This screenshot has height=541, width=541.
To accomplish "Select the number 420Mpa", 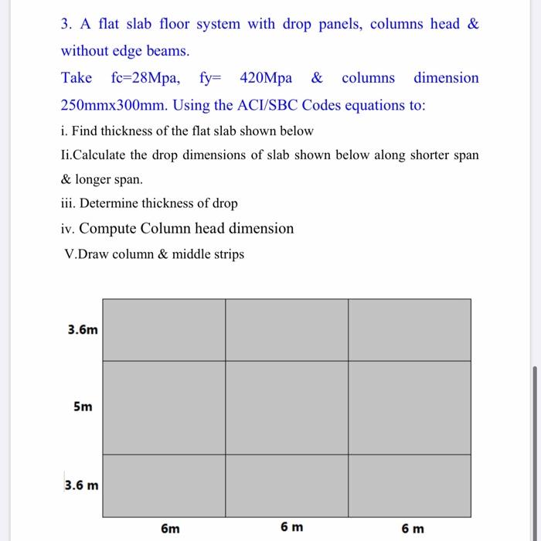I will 266,78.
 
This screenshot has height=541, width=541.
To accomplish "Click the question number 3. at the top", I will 66,24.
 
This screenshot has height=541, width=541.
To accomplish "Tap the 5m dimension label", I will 83,407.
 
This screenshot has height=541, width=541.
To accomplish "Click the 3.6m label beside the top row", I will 83,330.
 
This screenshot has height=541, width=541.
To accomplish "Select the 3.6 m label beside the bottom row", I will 82,486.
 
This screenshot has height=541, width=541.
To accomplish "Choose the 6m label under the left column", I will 170,529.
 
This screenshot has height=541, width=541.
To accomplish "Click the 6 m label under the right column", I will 413,529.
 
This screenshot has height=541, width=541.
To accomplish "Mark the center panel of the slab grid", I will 287,407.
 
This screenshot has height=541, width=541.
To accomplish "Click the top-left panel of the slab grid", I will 164,330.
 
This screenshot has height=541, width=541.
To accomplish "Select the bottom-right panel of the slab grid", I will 409,485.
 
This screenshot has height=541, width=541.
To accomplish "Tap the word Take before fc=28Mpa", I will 77,78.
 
